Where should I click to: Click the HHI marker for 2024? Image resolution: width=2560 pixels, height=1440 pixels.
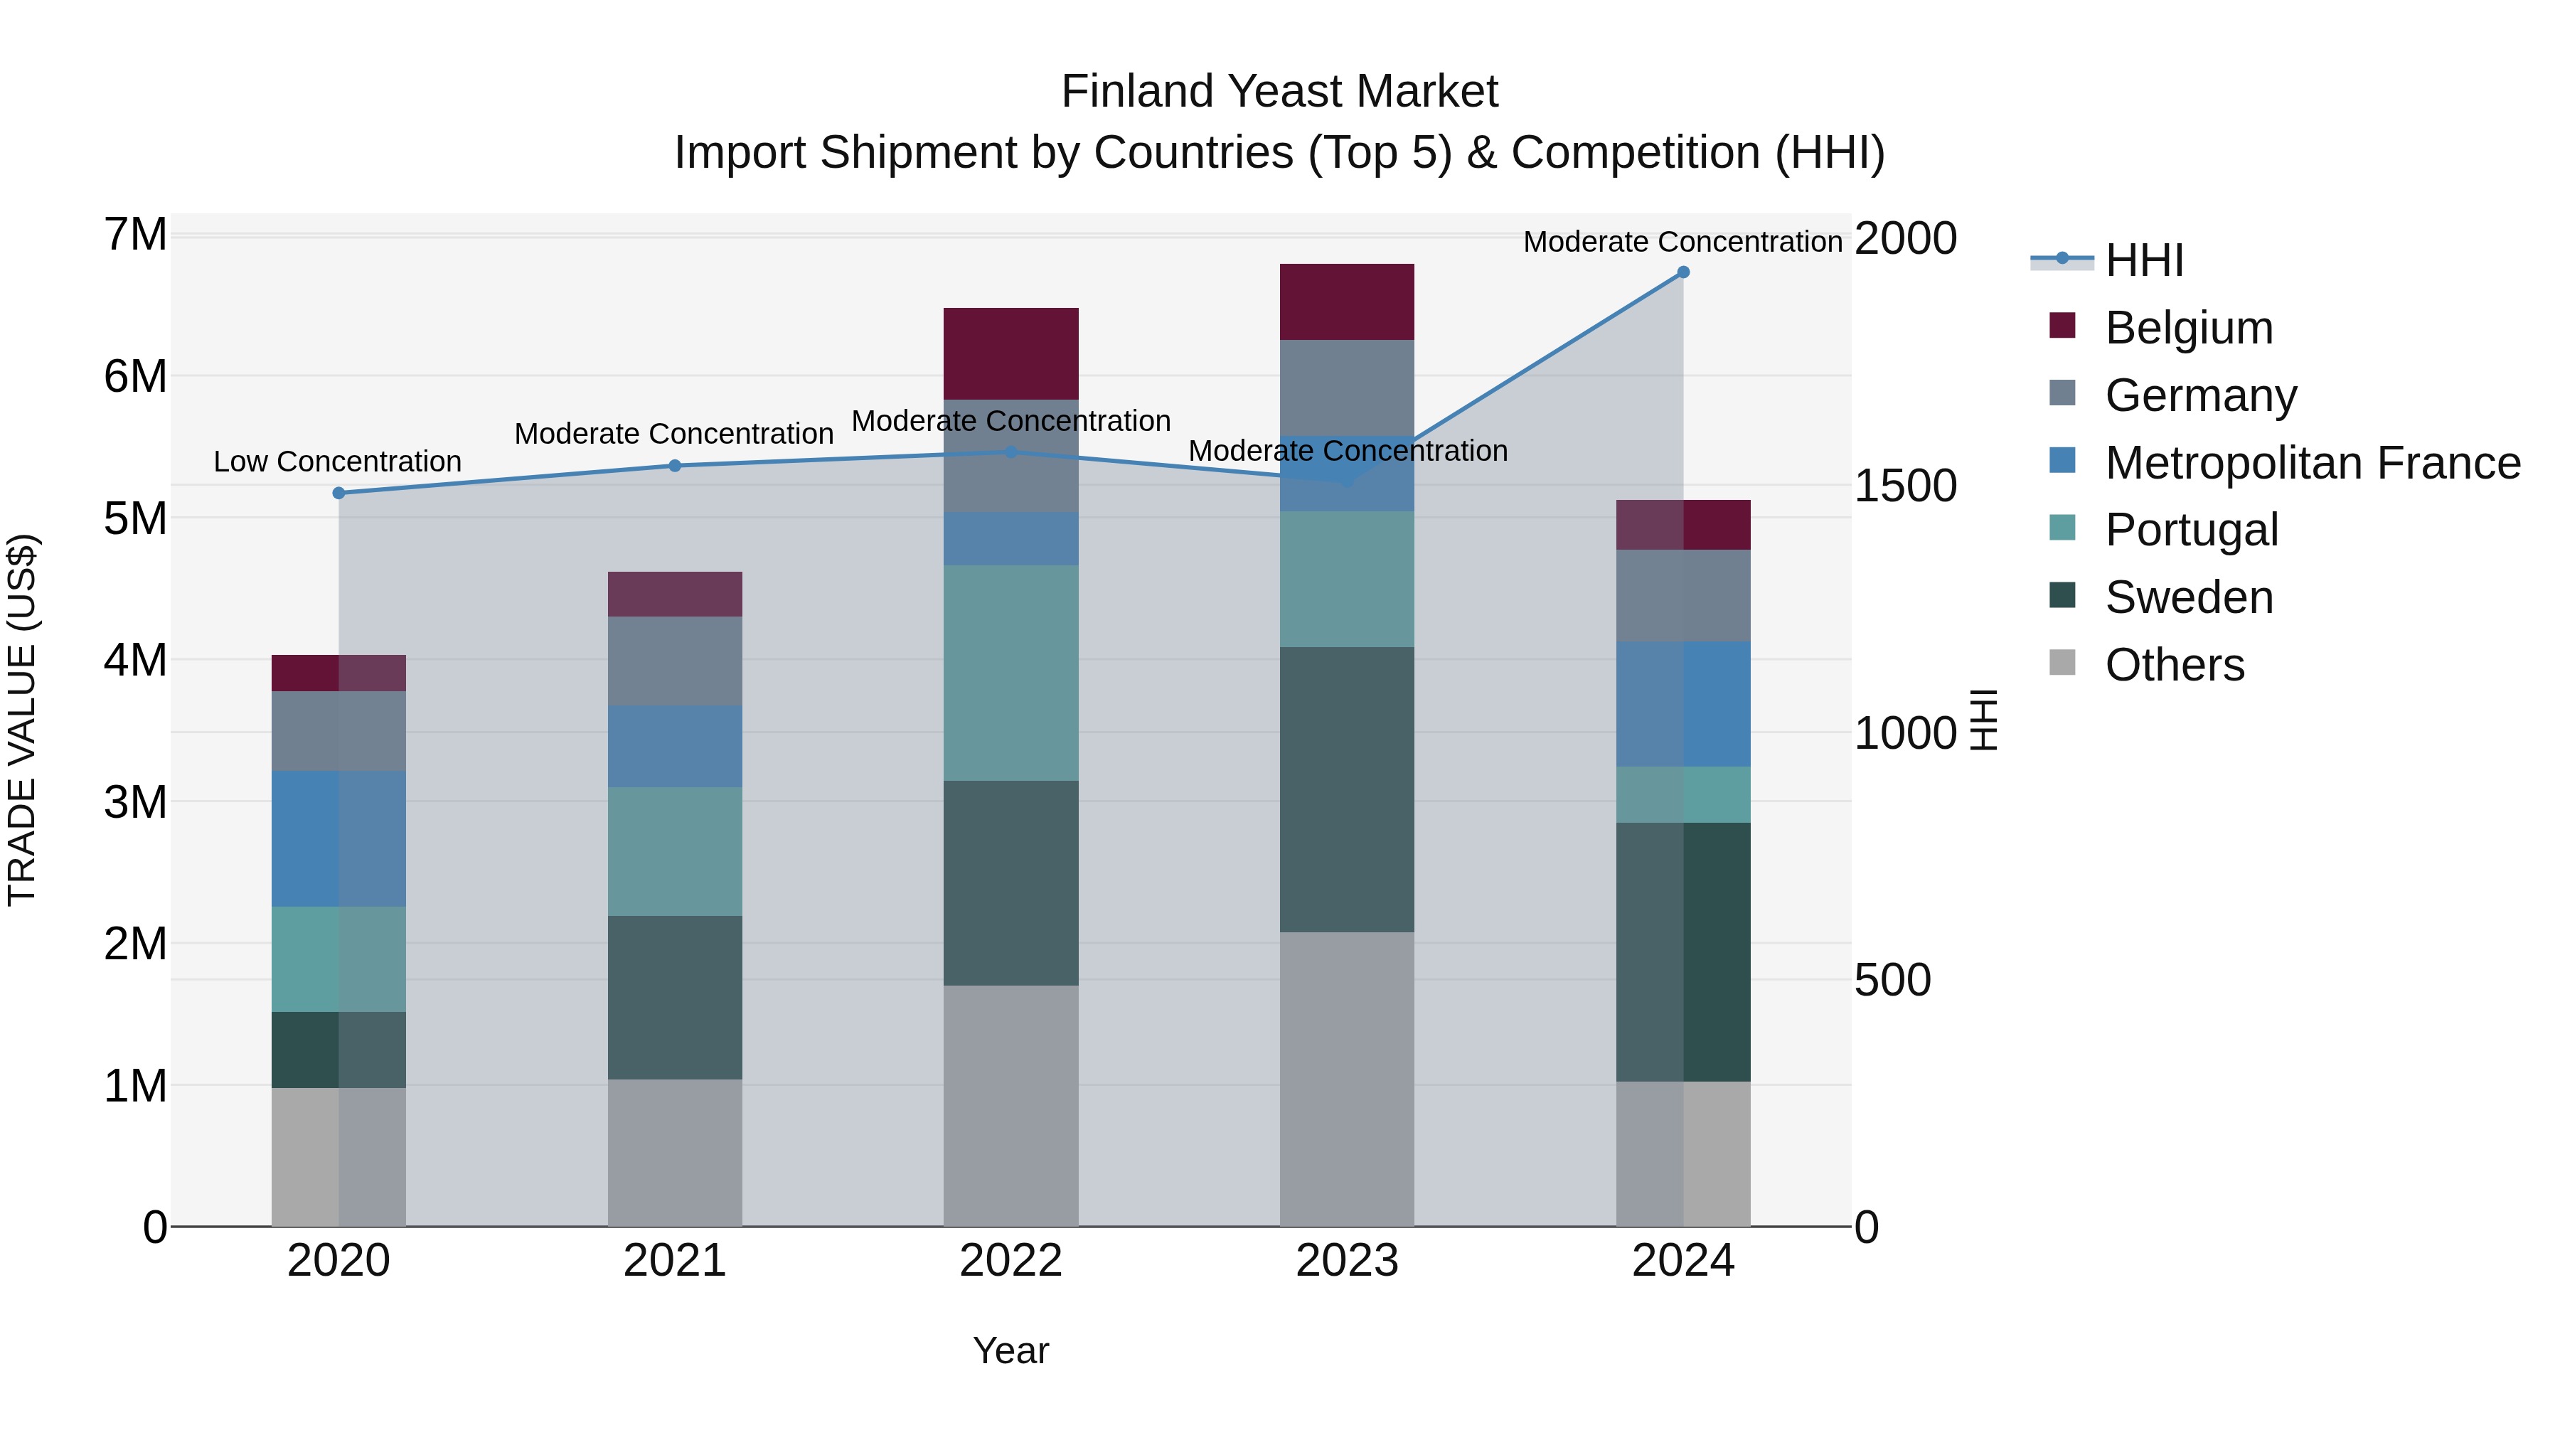[1682, 272]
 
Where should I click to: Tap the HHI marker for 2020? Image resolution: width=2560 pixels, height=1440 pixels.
[339, 493]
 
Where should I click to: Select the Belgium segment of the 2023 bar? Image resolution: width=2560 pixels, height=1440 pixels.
[1347, 302]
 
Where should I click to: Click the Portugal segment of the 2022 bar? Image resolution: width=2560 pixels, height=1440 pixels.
[1010, 673]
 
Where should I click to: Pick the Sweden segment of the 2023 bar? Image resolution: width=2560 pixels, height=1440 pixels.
[1347, 789]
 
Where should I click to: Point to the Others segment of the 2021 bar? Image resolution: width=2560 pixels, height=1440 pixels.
[675, 1152]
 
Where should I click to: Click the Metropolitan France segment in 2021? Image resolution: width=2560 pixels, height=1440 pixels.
[675, 747]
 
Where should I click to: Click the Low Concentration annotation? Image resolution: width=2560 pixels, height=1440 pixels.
[338, 462]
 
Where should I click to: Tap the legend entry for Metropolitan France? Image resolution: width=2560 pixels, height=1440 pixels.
[2312, 463]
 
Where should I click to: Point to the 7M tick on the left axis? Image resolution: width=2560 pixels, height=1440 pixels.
[136, 235]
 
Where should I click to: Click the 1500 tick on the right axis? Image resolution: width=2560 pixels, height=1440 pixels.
[1905, 486]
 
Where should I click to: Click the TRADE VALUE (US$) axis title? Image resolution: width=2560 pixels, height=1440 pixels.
[22, 720]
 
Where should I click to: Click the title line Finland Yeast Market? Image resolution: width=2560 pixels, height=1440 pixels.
[1279, 92]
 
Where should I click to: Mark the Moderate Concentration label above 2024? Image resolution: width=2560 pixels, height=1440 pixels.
[1682, 242]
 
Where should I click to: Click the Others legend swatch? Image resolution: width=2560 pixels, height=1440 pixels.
[2062, 663]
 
